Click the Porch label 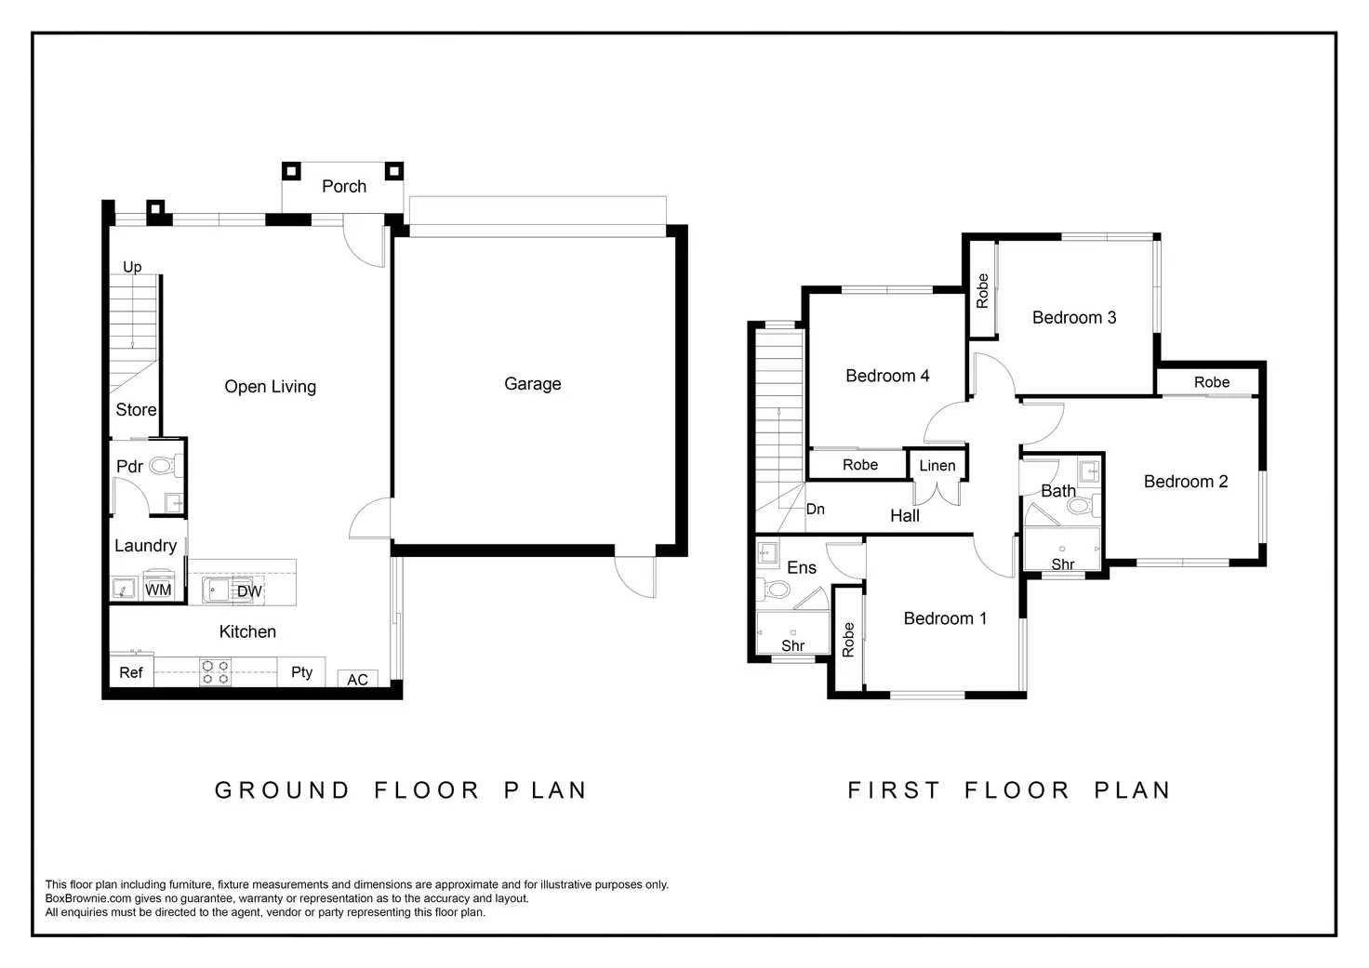(344, 186)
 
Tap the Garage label (532, 384)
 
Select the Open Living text (270, 387)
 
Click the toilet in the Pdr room (165, 466)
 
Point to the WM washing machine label (158, 590)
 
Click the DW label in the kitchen (249, 591)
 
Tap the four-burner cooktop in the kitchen (215, 671)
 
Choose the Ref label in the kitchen (131, 673)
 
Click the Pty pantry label (302, 672)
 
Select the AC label (357, 680)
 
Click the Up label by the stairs (132, 267)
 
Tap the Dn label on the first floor (816, 509)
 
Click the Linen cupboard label (937, 466)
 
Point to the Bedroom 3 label (1074, 318)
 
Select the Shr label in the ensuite (792, 645)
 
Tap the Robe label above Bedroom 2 (1211, 382)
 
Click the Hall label (905, 516)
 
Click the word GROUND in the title (282, 790)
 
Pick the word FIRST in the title (894, 790)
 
